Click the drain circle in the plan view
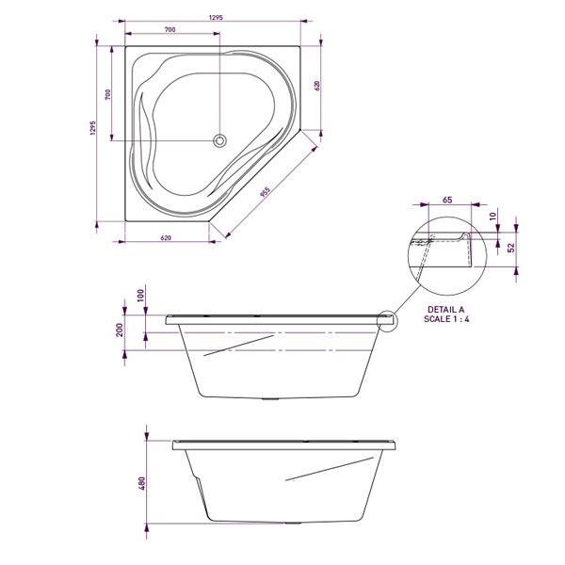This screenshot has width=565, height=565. point(220,141)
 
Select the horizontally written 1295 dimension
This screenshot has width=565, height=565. point(216,17)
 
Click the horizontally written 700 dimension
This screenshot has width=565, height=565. point(170,30)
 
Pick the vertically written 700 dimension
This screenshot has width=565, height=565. point(109,94)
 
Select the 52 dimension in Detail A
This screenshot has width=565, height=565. point(510,248)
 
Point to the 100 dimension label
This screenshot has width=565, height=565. point(141,296)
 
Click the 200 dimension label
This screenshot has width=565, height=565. point(120,330)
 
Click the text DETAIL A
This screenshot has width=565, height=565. point(445,309)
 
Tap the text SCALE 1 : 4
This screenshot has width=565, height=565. point(445,320)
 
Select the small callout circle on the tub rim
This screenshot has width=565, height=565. point(388,320)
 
